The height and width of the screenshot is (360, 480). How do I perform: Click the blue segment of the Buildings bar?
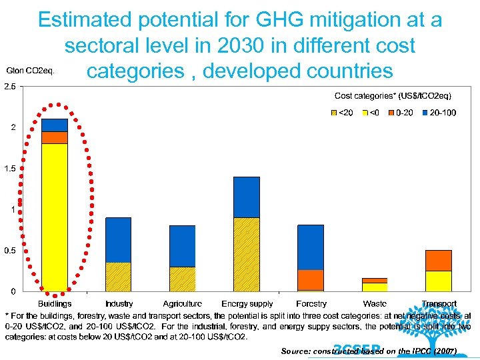(x=54, y=125)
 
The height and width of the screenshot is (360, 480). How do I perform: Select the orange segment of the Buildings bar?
(x=54, y=137)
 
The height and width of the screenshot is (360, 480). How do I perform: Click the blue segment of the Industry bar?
(x=119, y=239)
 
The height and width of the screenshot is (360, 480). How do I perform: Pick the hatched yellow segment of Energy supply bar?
(x=246, y=254)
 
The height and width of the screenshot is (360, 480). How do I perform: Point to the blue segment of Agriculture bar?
(x=182, y=246)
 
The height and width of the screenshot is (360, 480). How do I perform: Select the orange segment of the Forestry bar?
(x=310, y=280)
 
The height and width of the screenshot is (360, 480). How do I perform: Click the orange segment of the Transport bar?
(x=438, y=261)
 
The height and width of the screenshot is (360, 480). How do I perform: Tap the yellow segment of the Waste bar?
(x=374, y=287)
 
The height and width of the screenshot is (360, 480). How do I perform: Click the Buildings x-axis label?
(x=55, y=304)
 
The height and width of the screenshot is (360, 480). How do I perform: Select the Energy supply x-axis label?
(x=247, y=304)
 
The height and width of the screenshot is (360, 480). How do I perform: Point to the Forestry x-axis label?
(x=311, y=304)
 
